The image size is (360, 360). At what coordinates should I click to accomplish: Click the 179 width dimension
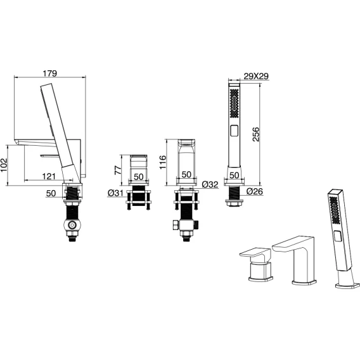(x=50, y=74)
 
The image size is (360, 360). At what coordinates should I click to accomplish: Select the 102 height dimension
(x=4, y=165)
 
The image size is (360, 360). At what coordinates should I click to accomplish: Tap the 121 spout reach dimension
(x=49, y=176)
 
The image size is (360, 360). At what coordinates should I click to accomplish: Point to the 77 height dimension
(x=118, y=170)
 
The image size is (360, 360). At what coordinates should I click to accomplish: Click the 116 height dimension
(x=162, y=162)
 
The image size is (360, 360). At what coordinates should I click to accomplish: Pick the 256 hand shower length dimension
(x=256, y=134)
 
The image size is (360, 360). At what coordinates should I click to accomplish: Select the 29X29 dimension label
(x=256, y=76)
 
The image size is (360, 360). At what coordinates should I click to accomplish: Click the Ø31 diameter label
(x=115, y=193)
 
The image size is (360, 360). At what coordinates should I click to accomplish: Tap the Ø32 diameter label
(x=210, y=184)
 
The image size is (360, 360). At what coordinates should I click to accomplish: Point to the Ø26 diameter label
(x=255, y=191)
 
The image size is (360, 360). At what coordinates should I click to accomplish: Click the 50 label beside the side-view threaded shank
(x=51, y=193)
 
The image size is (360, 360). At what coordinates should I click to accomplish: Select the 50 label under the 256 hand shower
(x=234, y=176)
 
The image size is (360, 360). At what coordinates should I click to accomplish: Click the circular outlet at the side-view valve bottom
(x=73, y=226)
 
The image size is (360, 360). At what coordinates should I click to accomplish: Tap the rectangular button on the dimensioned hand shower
(x=234, y=131)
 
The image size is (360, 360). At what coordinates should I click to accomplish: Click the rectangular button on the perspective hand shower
(x=338, y=236)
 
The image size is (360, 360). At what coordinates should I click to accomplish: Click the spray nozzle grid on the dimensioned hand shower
(x=234, y=103)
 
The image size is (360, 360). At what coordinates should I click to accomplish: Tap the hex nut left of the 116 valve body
(x=176, y=225)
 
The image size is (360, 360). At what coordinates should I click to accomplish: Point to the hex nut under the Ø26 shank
(x=234, y=203)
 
